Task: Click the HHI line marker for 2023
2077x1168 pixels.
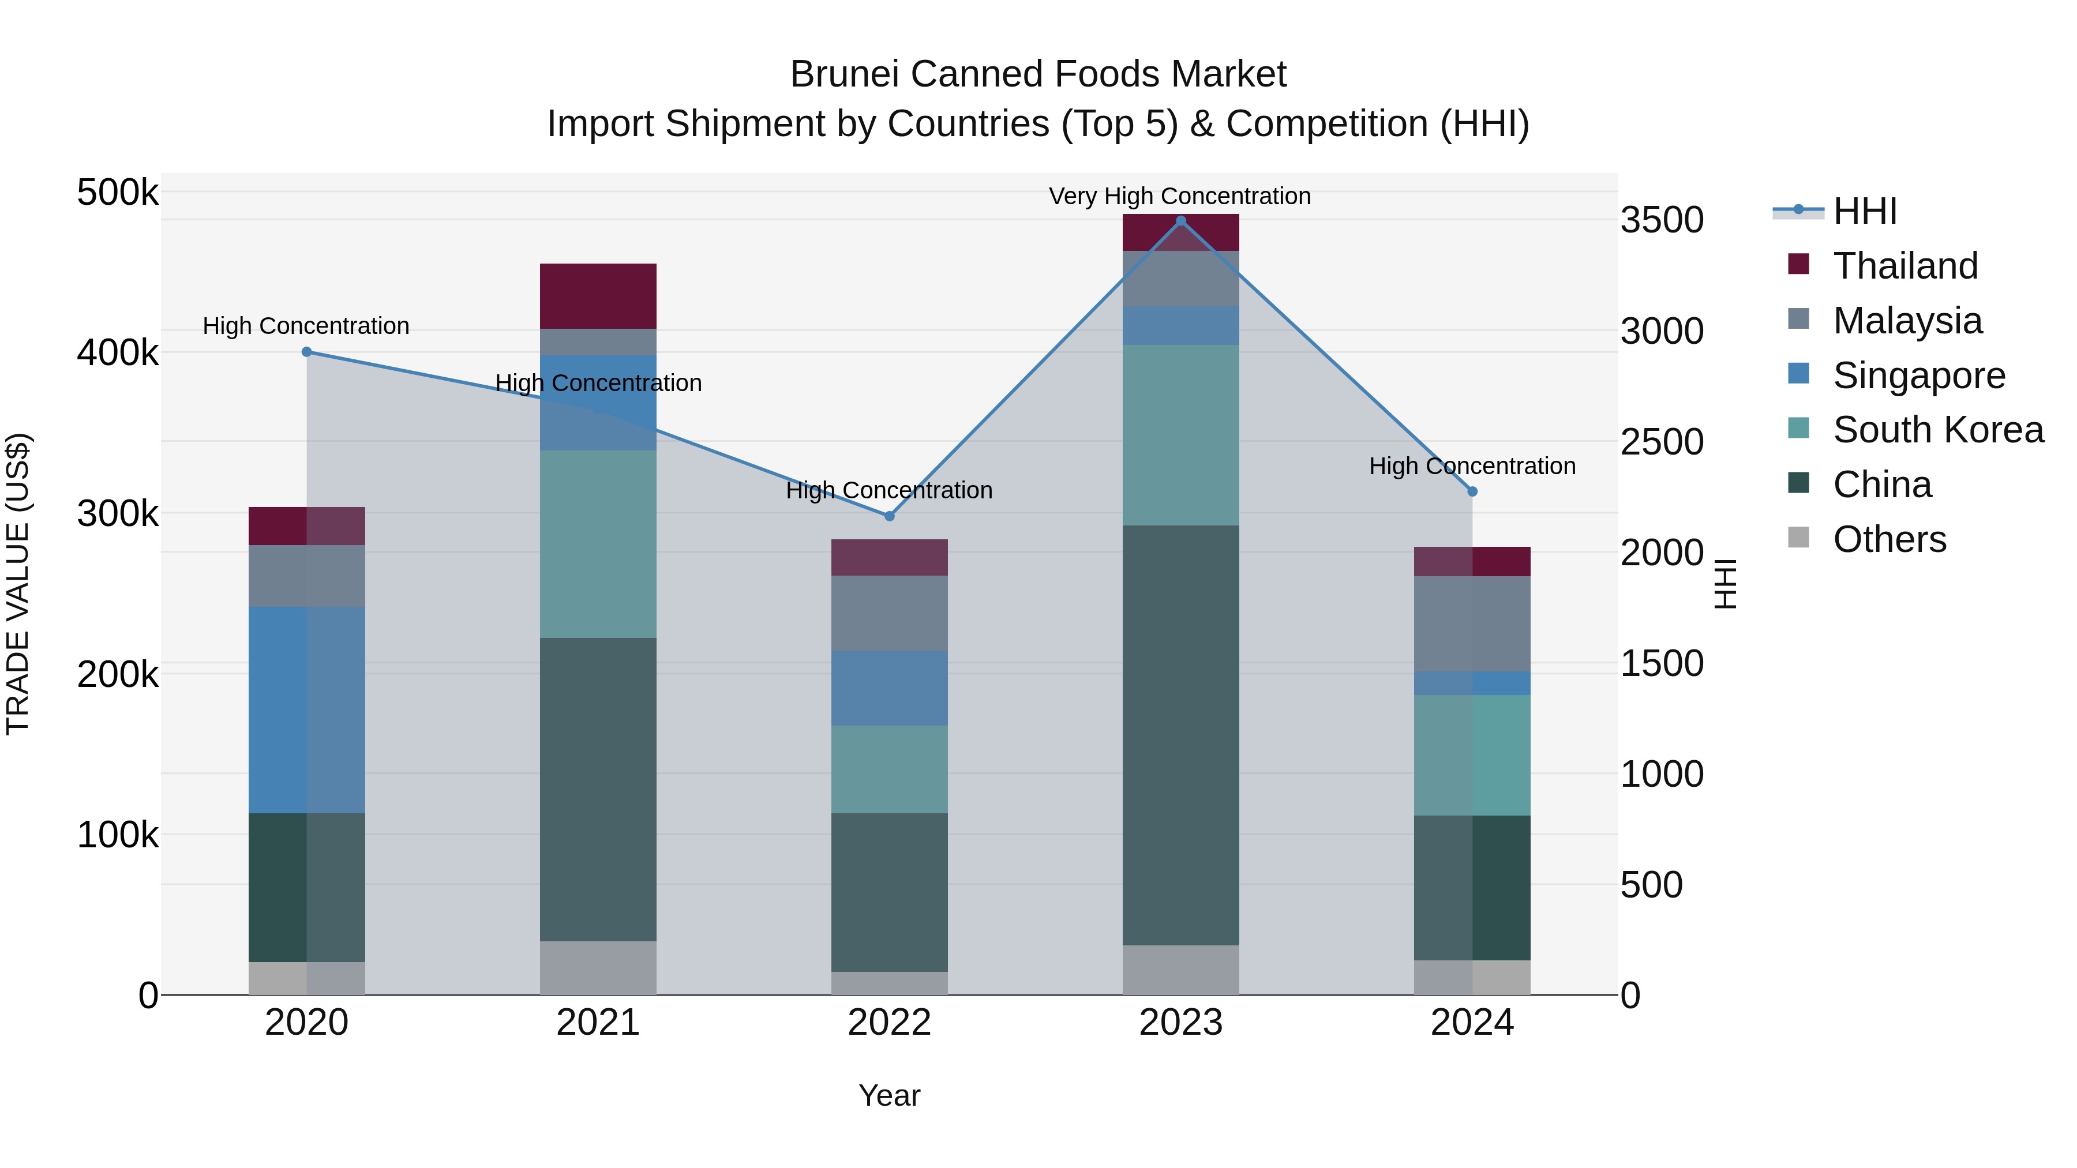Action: (1180, 221)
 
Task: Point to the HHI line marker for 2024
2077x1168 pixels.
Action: (1472, 491)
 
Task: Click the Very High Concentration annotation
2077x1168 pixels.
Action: (1180, 197)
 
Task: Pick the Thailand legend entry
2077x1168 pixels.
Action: (1904, 266)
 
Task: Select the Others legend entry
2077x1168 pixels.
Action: (1889, 539)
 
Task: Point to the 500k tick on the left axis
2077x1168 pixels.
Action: (118, 193)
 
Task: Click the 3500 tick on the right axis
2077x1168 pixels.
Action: (1662, 221)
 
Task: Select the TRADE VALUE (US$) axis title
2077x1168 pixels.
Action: (18, 584)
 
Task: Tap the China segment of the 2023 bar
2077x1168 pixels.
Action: (1180, 735)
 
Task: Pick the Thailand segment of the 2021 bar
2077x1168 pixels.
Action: (598, 296)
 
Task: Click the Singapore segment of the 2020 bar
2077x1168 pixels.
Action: (306, 709)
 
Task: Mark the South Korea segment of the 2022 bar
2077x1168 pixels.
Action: (889, 769)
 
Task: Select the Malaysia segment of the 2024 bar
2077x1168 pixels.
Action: (1472, 624)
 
